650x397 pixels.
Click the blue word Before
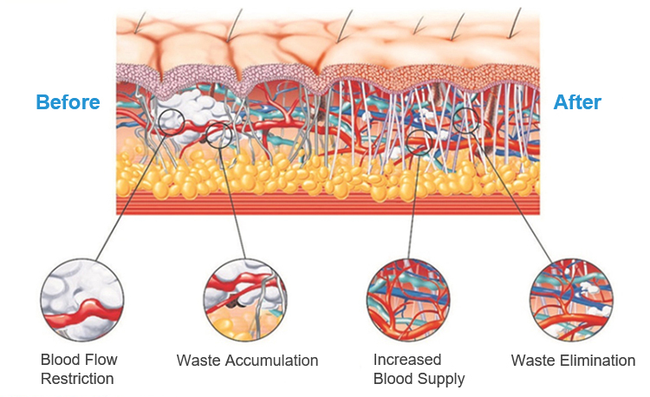tap(68, 102)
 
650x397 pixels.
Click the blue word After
tap(577, 102)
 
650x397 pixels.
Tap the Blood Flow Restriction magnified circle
tap(80, 303)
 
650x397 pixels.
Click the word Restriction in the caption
tap(77, 379)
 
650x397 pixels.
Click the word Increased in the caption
tap(407, 360)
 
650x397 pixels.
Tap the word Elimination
tap(597, 361)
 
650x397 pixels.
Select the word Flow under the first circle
tap(100, 360)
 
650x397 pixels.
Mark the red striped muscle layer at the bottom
tap(329, 205)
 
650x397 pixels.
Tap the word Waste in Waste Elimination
tap(530, 361)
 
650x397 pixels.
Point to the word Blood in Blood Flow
tap(60, 360)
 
